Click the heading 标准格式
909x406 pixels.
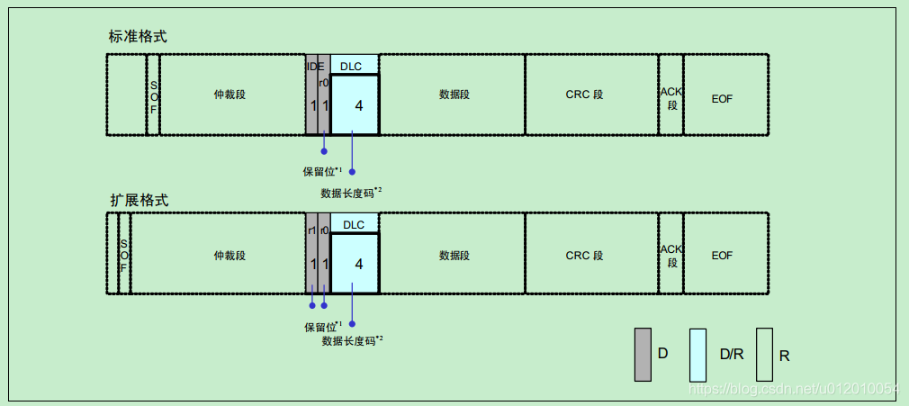click(138, 37)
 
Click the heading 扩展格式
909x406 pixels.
click(139, 200)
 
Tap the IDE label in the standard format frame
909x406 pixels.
click(315, 66)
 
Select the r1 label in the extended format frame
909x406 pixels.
click(311, 230)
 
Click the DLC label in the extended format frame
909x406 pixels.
click(354, 224)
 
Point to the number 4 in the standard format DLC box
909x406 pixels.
click(358, 105)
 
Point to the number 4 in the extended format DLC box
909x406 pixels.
click(358, 264)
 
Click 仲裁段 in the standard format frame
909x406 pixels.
click(229, 95)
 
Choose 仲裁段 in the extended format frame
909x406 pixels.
click(229, 256)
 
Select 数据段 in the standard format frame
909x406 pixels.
click(454, 95)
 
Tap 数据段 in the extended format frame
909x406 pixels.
click(454, 256)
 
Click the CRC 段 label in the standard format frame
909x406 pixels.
click(584, 95)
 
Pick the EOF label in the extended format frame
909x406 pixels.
click(722, 256)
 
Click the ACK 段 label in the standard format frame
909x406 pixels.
click(671, 97)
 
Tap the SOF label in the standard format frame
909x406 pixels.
click(153, 96)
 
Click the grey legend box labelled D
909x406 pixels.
click(643, 354)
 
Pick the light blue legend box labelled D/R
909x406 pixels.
click(697, 354)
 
